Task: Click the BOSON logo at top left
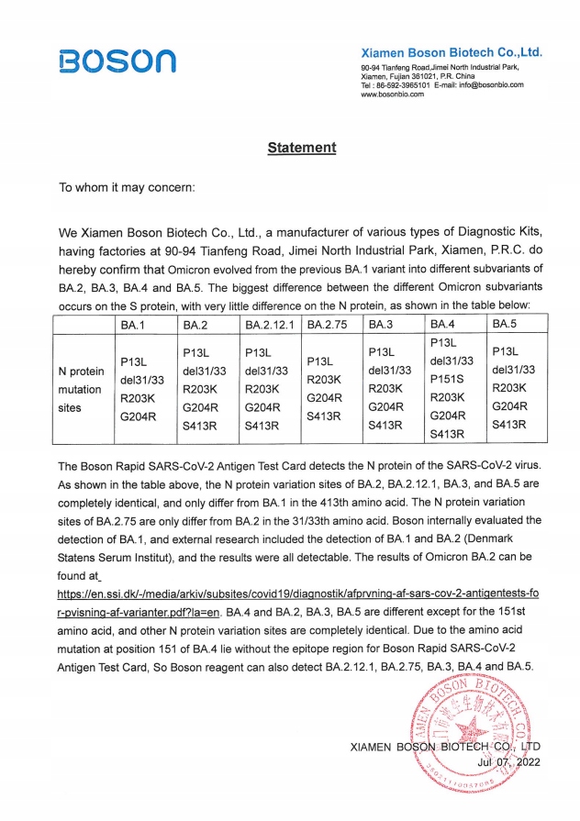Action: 116,61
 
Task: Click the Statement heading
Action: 302,148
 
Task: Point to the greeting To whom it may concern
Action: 127,188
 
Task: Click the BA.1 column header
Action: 133,325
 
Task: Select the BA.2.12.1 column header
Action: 267,325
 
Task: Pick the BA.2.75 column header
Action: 329,325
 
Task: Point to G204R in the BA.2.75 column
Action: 323,397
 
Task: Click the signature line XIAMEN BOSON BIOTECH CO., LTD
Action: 445,747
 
